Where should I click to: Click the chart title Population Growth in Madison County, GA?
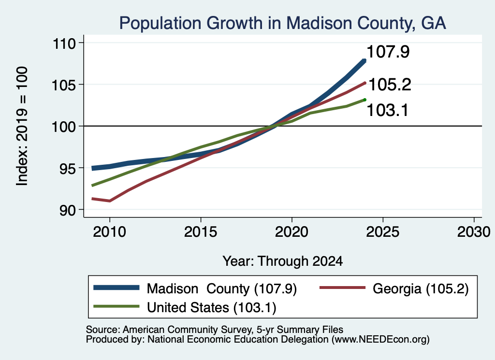tap(282, 23)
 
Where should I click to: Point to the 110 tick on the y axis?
tap(64, 43)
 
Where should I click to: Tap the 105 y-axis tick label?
tap(64, 85)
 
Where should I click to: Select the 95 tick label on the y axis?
tap(68, 168)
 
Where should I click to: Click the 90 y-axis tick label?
tap(68, 210)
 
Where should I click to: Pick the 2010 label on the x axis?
tap(110, 232)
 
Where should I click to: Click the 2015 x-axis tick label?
tap(201, 232)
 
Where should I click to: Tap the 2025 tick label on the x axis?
tap(383, 232)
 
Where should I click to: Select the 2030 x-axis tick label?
tap(474, 232)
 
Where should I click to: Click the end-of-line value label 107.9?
tap(388, 52)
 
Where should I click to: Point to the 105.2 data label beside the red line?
tap(390, 85)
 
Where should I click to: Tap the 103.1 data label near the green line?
tap(388, 111)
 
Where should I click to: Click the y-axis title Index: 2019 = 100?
tap(22, 126)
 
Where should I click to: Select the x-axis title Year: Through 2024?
tap(282, 261)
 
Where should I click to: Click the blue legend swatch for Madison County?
tap(116, 288)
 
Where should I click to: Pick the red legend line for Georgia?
tap(343, 288)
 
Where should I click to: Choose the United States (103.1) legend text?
tap(212, 308)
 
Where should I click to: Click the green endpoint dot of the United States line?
tap(364, 100)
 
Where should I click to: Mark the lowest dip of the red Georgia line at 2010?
tap(110, 201)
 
